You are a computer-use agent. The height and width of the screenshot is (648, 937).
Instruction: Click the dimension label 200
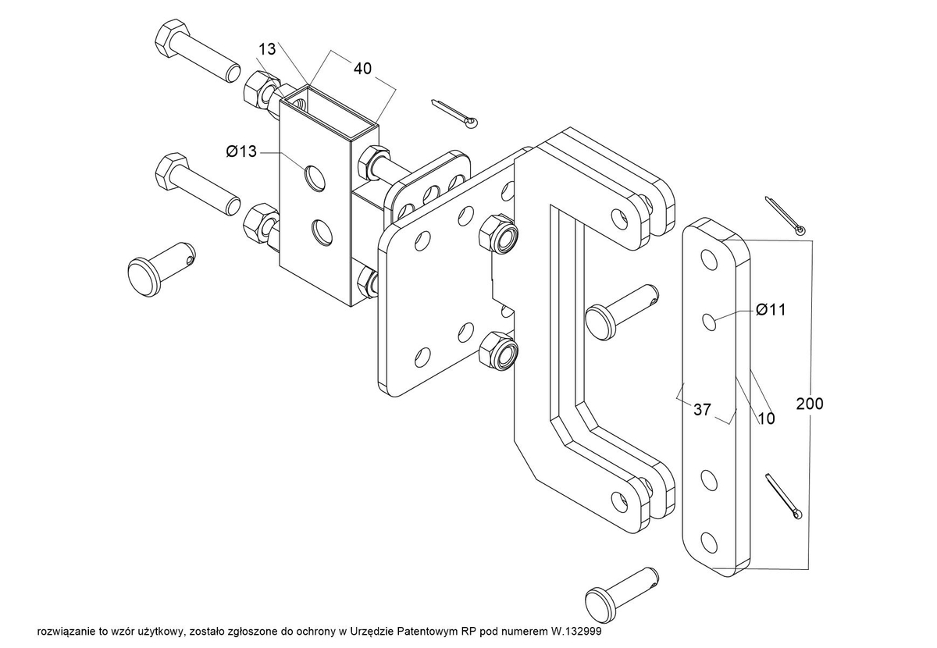(x=810, y=404)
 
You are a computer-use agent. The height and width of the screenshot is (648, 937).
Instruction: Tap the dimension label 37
(x=702, y=410)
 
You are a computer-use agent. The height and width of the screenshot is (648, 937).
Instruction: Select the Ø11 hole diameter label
(x=771, y=310)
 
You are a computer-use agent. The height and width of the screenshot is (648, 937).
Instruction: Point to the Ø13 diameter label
(x=241, y=151)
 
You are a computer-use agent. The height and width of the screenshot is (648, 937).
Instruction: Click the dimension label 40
(x=362, y=68)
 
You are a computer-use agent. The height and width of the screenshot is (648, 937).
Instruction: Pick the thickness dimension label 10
(x=766, y=418)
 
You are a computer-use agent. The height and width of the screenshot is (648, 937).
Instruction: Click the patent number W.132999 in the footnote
(x=575, y=632)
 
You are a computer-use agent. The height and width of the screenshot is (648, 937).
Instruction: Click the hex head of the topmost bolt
(x=173, y=37)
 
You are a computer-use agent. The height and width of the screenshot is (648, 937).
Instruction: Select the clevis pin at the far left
(x=162, y=269)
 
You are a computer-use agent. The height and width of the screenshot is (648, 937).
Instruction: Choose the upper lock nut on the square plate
(x=497, y=234)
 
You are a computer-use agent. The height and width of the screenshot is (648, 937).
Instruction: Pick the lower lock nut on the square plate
(x=497, y=351)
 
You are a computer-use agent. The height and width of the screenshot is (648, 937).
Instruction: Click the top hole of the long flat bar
(x=709, y=259)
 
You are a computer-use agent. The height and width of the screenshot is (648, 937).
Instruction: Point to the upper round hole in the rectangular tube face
(x=315, y=178)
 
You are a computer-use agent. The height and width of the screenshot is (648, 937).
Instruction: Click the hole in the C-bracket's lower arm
(x=619, y=501)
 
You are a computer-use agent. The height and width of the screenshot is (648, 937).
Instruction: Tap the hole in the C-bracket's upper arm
(x=619, y=218)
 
